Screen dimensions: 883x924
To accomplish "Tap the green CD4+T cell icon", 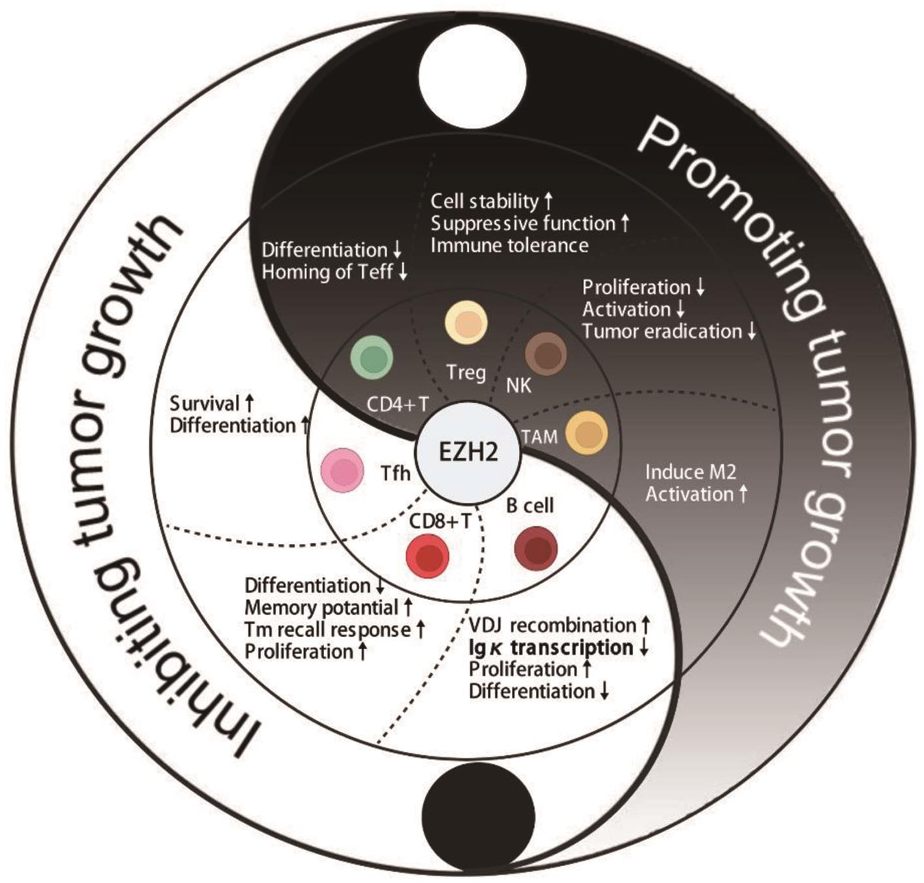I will click(x=372, y=357).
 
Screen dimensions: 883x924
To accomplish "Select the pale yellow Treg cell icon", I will click(x=466, y=323).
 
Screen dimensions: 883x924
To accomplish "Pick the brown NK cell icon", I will click(x=546, y=353).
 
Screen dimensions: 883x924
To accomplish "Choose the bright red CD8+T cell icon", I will click(x=427, y=556).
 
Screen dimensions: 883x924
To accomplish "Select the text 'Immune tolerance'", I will click(x=509, y=245).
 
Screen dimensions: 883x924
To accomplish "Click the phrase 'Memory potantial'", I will click(x=321, y=608).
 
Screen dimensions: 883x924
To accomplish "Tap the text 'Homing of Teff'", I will click(x=327, y=271).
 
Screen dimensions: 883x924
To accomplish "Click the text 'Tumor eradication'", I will click(x=662, y=331).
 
